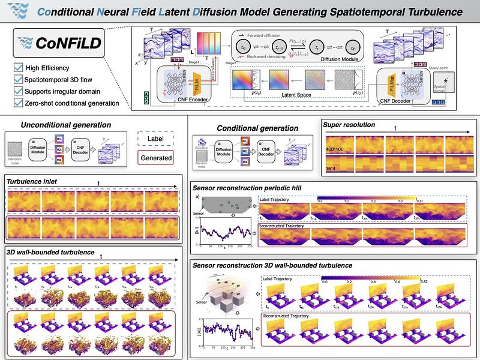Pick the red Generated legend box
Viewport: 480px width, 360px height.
coord(156,158)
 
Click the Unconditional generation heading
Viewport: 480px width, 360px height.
coord(66,125)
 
